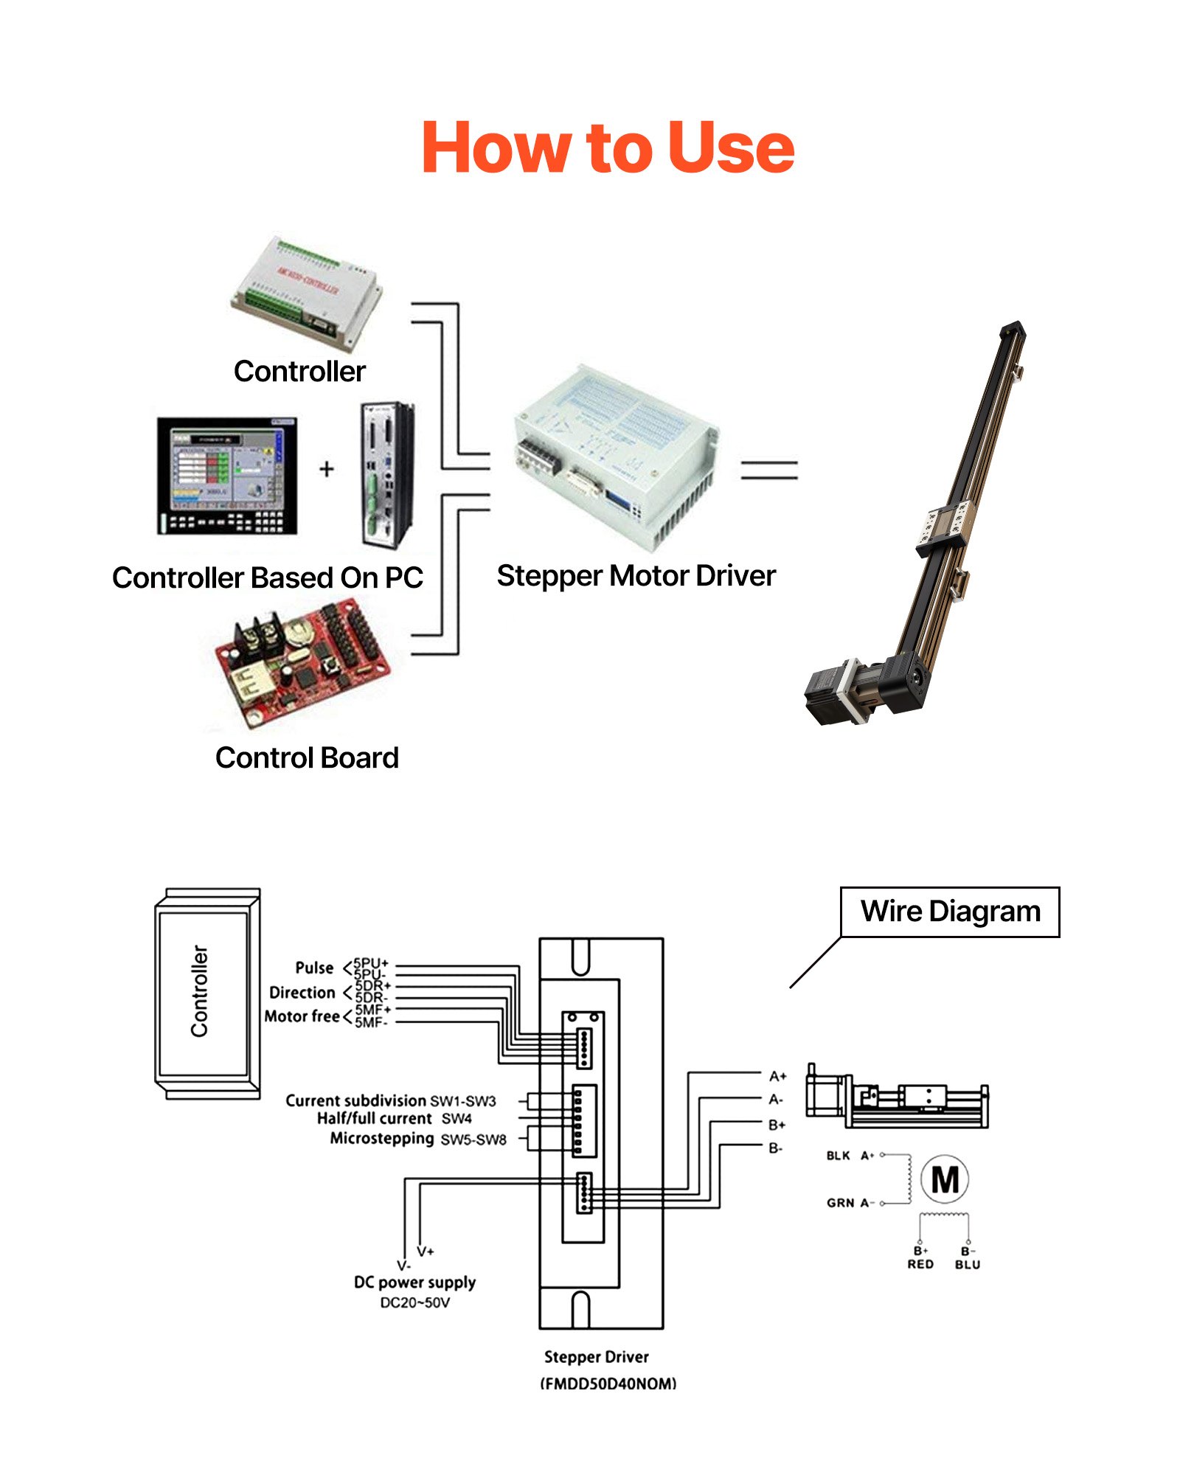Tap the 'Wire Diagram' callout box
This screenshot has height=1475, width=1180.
[949, 912]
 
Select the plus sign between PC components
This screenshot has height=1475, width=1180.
[327, 469]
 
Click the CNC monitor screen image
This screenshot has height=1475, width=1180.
[227, 475]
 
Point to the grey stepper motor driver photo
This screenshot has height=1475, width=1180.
[616, 457]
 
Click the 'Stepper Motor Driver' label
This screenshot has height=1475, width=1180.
[636, 576]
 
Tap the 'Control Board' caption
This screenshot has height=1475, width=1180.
[307, 758]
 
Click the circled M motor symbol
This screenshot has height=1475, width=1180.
[945, 1179]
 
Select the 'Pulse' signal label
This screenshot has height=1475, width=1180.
[314, 968]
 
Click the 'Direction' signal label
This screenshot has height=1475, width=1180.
[302, 993]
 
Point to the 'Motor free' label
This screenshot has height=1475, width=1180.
[302, 1016]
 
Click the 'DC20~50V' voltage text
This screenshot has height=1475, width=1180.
[414, 1302]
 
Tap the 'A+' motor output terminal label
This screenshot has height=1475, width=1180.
[777, 1076]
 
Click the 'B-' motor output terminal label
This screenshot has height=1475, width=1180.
[775, 1148]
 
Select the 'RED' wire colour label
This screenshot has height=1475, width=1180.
[920, 1264]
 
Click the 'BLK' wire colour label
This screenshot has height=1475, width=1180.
[838, 1156]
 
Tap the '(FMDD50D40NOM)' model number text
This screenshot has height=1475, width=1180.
[608, 1384]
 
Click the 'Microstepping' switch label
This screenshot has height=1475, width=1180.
[382, 1138]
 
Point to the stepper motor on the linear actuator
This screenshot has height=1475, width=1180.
[833, 690]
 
